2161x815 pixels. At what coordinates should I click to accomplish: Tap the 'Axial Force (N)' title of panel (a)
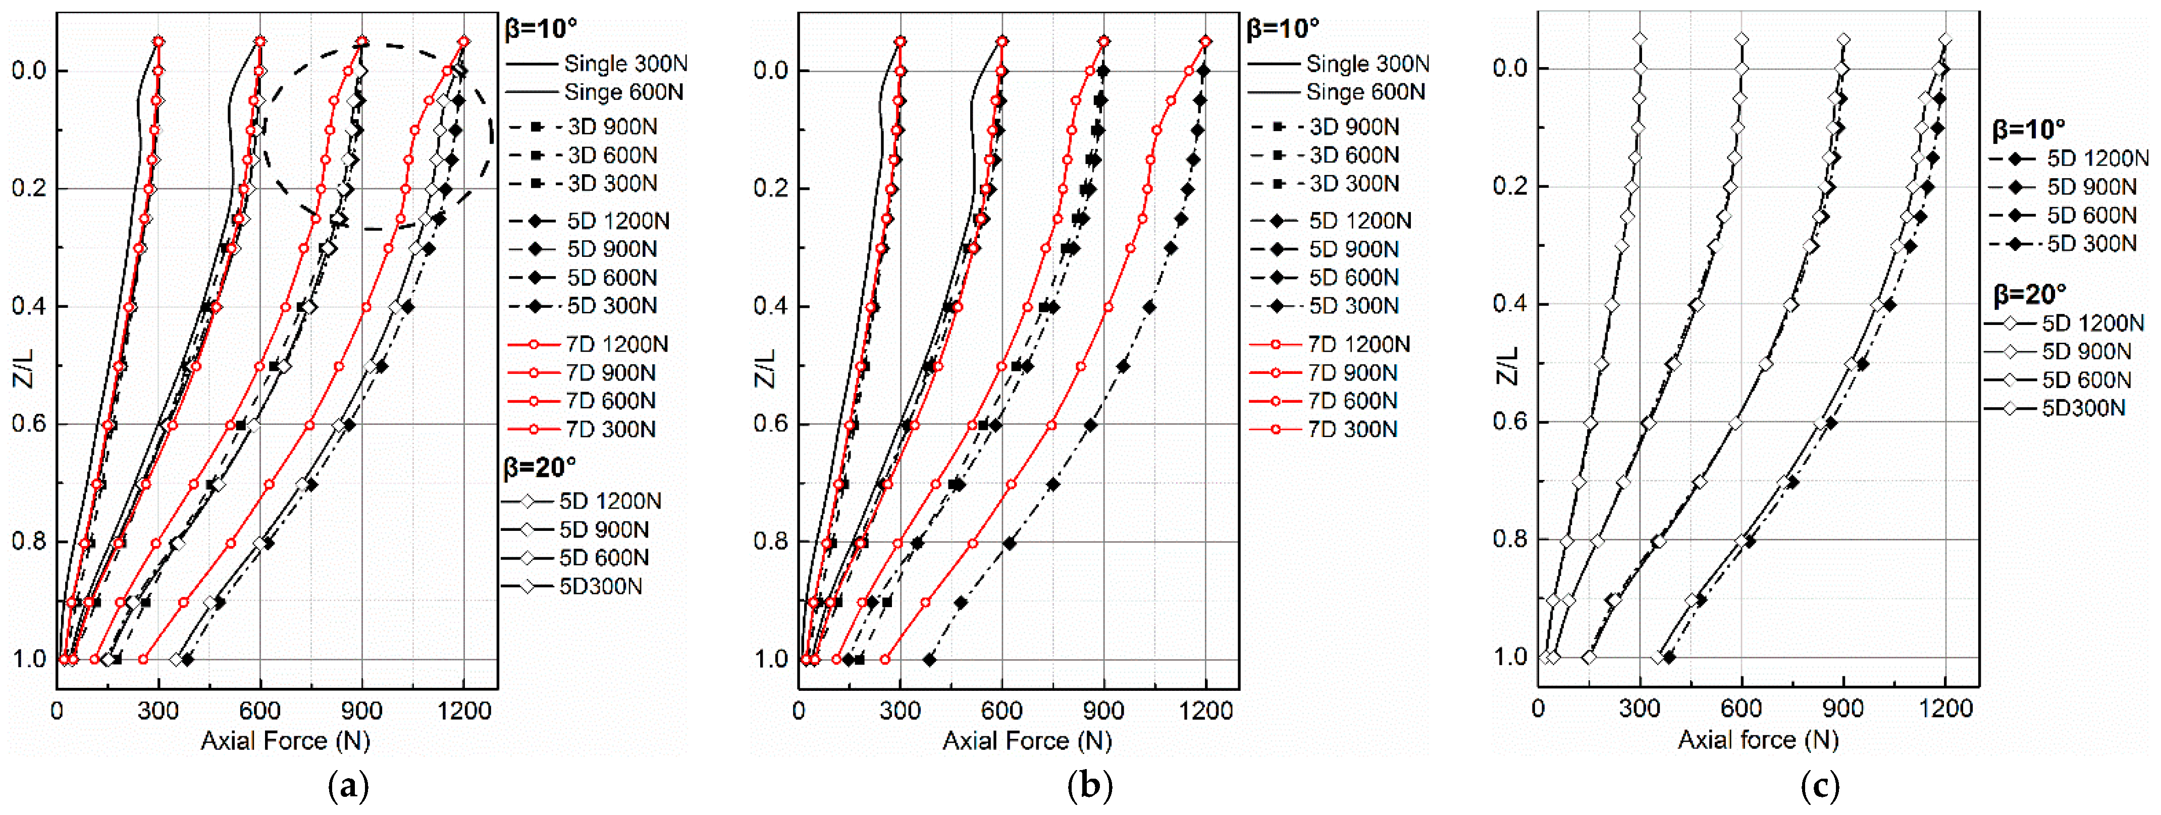tap(285, 740)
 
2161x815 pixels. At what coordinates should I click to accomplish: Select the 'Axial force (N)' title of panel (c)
tap(1758, 739)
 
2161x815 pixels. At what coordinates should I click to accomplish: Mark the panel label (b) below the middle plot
tap(1090, 787)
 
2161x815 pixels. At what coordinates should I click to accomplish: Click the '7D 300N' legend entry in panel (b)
tap(1352, 429)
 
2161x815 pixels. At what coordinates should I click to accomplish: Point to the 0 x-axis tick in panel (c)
tap(1538, 709)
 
